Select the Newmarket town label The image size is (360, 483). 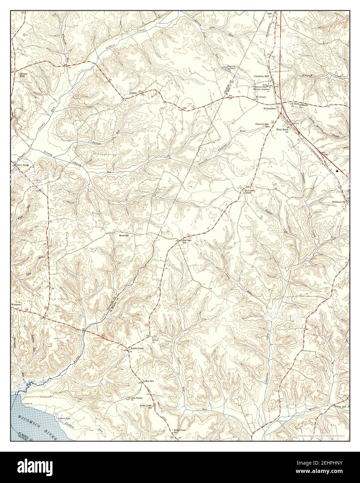(270, 108)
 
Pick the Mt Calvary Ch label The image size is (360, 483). (260, 98)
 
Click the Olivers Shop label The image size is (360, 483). (23, 75)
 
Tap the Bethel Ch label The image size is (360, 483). (153, 341)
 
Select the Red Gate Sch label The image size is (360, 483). (187, 241)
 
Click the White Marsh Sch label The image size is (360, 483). (283, 131)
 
